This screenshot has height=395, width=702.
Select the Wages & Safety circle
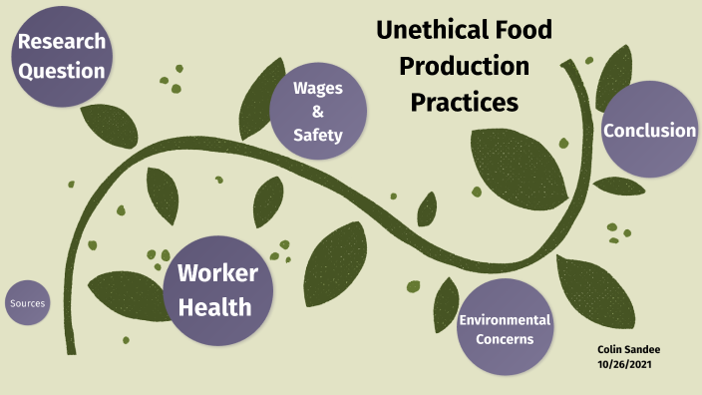pos(318,111)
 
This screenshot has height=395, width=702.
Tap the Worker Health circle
pos(216,289)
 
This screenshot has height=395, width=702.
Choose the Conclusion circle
pos(649,130)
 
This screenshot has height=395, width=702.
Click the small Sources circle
pos(27,303)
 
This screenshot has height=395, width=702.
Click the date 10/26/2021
pos(624,364)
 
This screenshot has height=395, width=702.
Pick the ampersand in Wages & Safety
pos(318,111)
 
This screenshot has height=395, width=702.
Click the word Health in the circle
pos(216,306)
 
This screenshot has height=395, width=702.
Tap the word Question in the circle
pos(62,71)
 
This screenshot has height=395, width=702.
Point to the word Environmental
pos(505,320)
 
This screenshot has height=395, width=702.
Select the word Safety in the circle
pos(318,134)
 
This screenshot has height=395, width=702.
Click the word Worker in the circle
pos(216,273)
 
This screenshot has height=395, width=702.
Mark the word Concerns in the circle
pos(505,339)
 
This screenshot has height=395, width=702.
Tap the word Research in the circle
pos(62,43)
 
